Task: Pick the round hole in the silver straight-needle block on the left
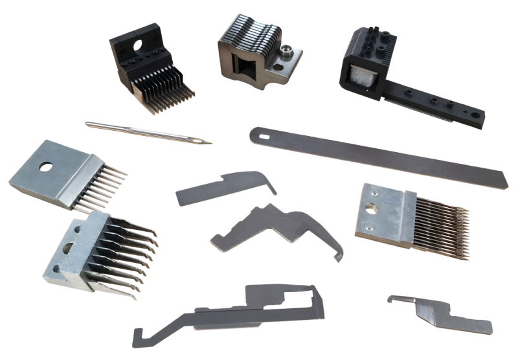pyautogui.click(x=45, y=166)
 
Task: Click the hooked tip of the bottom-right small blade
pyautogui.click(x=392, y=299)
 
